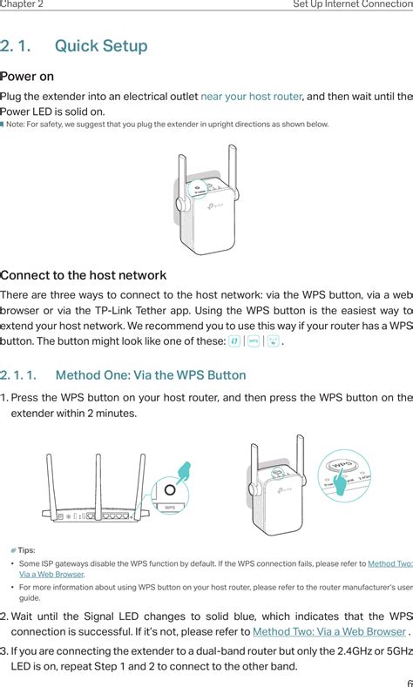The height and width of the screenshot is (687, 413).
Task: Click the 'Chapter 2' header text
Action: (x=22, y=4)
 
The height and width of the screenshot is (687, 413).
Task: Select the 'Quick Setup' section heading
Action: (x=100, y=45)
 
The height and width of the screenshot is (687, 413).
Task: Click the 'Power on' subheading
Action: (x=27, y=77)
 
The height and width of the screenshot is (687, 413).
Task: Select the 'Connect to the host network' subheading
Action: (x=83, y=275)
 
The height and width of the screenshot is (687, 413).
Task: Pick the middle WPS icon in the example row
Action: (x=254, y=341)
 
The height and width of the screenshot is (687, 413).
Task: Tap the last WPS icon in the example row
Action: (x=273, y=341)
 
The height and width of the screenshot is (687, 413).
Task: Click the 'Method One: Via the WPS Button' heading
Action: (x=150, y=376)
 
